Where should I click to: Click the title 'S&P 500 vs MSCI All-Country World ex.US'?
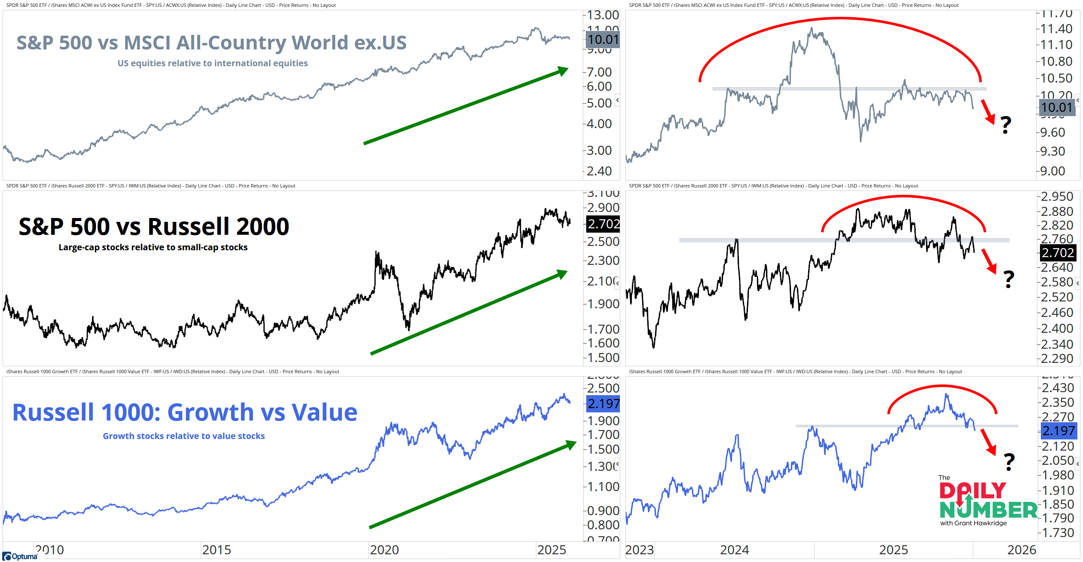(x=211, y=43)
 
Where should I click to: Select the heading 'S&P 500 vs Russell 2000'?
(x=154, y=227)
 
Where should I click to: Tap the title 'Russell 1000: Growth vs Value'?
(x=185, y=412)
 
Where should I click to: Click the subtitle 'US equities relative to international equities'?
(x=212, y=63)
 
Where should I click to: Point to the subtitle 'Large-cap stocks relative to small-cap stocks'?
(x=153, y=247)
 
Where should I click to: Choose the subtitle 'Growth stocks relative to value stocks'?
(x=184, y=436)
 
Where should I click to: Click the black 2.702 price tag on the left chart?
(x=603, y=224)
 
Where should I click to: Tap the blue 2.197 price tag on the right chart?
(x=1058, y=430)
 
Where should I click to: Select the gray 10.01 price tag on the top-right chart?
(x=1057, y=107)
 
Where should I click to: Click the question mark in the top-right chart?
(x=1005, y=125)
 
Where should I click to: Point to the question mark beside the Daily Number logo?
(x=1009, y=462)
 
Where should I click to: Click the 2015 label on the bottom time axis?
(x=216, y=550)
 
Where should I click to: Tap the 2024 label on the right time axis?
(x=734, y=550)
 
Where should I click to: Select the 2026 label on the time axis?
(x=1021, y=550)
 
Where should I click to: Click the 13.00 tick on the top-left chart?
(x=603, y=15)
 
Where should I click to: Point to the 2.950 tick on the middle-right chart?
(x=1057, y=197)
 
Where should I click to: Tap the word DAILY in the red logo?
(x=972, y=491)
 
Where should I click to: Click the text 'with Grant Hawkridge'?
(x=973, y=523)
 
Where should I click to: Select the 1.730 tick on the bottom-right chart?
(x=1058, y=533)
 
